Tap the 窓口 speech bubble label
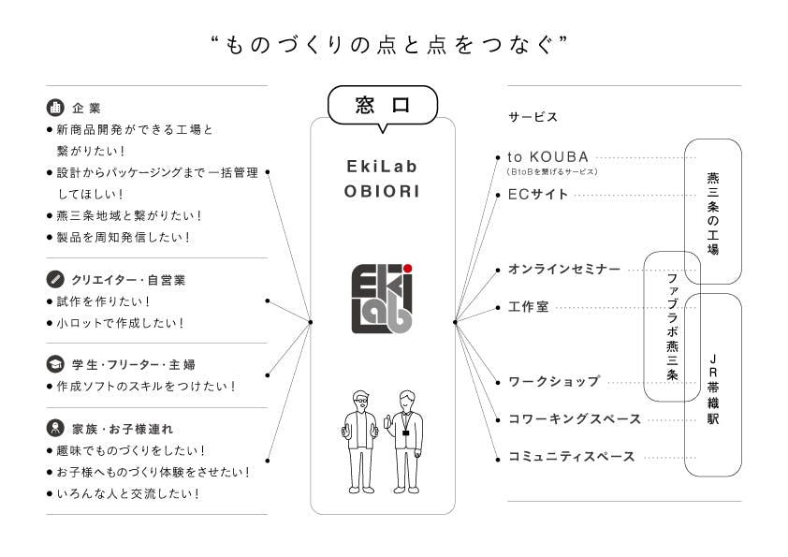pos(383,106)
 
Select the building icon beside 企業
pos(55,107)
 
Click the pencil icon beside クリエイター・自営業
pos(55,279)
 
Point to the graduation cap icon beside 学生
pos(55,363)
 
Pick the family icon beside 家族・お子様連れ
pos(55,429)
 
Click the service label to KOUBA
pos(547,157)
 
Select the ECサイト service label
pos(537,195)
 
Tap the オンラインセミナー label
pos(563,270)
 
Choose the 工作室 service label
pos(528,307)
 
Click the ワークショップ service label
pos(553,382)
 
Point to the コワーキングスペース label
pos(574,419)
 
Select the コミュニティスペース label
pos(571,457)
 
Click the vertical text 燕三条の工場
pos(713,213)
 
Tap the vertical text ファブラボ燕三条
pos(672,326)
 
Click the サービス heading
pos(533,117)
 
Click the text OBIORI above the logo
pos(382,191)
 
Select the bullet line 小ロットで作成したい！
pos(120,323)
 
